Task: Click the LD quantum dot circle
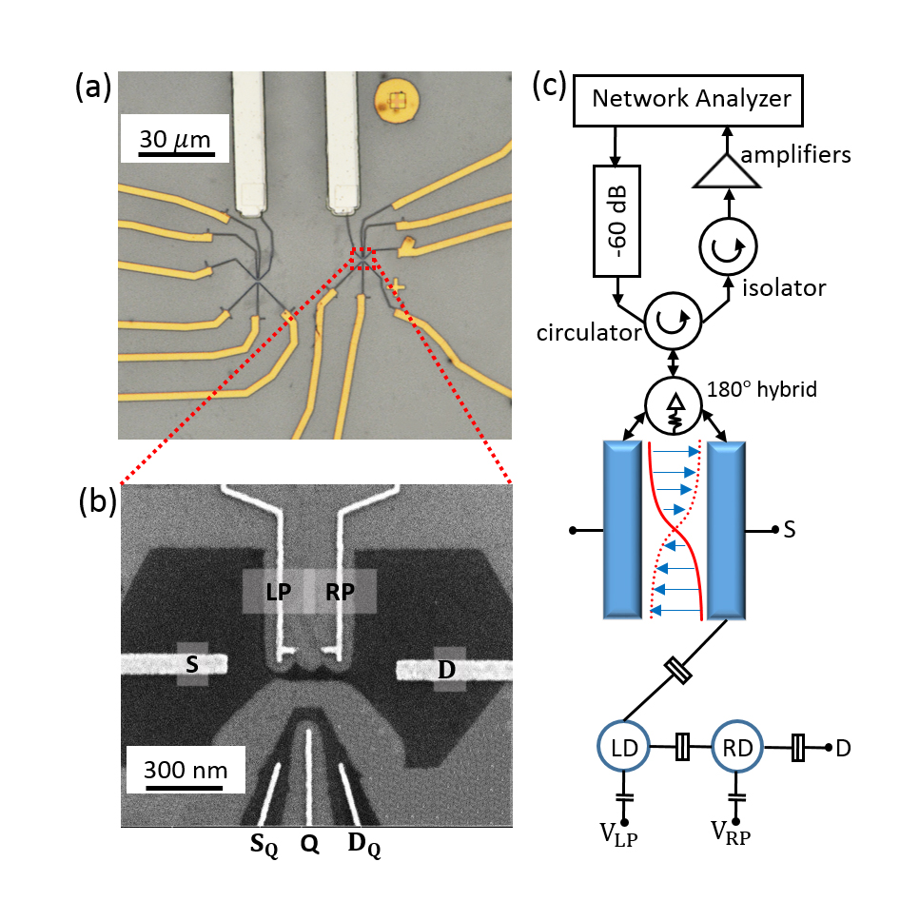(x=622, y=746)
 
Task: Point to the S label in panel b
(x=192, y=666)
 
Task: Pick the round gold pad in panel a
(x=397, y=98)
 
